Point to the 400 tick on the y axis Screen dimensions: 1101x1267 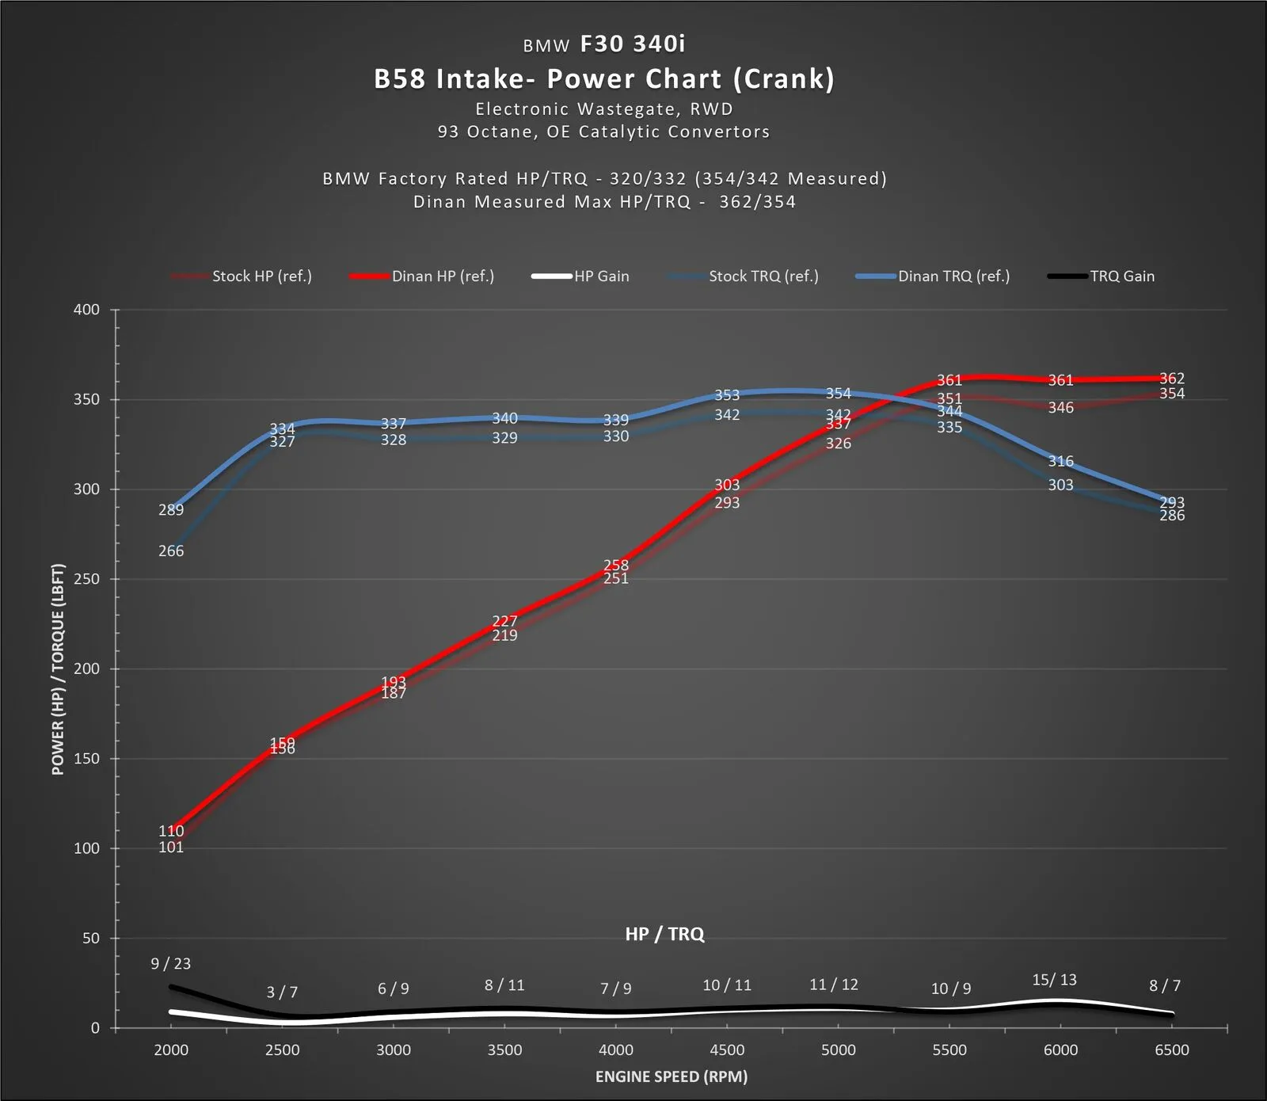tap(87, 310)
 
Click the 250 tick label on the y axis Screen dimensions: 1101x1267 tap(87, 579)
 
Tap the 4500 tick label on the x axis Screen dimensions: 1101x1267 tap(727, 1050)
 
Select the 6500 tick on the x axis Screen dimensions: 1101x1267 tap(1172, 1050)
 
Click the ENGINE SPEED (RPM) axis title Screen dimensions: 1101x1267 tap(672, 1076)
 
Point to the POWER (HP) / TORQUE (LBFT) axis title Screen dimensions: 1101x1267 tap(58, 669)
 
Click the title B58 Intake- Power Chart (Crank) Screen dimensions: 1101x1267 tap(604, 79)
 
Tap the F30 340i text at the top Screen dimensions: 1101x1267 tap(633, 44)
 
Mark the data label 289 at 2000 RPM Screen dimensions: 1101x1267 tap(171, 510)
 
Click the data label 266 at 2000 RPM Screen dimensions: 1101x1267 tap(171, 551)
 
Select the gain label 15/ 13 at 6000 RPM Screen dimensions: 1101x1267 tap(1055, 980)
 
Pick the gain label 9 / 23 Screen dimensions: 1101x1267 tap(171, 964)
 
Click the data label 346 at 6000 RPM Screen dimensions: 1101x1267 tap(1061, 408)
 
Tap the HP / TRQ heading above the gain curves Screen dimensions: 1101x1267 tap(664, 934)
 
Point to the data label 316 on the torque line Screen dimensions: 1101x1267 tap(1061, 461)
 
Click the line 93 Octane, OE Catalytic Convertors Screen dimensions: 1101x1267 tap(604, 132)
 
